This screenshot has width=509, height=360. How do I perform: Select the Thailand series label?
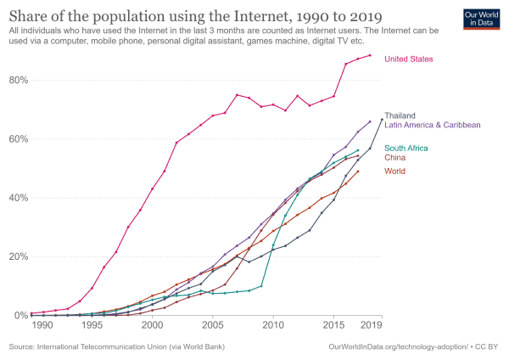click(x=400, y=115)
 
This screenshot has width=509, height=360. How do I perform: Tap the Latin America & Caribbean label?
click(x=433, y=125)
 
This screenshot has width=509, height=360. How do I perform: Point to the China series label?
click(x=395, y=158)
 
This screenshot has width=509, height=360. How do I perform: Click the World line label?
click(x=395, y=172)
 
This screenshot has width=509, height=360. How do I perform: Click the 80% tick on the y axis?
click(x=18, y=80)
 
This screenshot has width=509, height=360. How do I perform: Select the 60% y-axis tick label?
click(x=18, y=139)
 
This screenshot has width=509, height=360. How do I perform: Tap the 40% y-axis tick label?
click(x=18, y=198)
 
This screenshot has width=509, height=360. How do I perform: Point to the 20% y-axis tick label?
click(x=18, y=256)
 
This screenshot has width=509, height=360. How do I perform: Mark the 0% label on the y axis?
click(x=20, y=316)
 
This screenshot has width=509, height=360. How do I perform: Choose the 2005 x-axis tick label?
click(x=213, y=325)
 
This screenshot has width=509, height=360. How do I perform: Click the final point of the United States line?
click(x=370, y=55)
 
